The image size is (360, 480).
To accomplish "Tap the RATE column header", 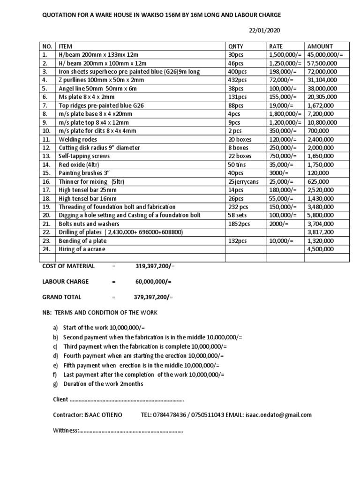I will point(276,46).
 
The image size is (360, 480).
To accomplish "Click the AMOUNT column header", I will point(320,46).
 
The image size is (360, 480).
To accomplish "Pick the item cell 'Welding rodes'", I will point(76,139).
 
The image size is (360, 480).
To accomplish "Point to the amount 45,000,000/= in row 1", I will point(325,55).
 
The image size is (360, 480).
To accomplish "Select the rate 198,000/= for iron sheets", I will point(281,72).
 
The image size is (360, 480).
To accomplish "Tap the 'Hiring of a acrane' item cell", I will point(82,249).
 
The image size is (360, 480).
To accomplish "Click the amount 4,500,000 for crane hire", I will point(320,249).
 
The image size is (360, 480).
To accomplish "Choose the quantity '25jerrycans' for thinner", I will point(243,181).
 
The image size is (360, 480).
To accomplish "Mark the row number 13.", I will point(46,156).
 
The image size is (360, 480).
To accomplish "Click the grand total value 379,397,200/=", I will point(153,297).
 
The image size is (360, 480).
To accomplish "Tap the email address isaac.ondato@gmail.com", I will point(278,415).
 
